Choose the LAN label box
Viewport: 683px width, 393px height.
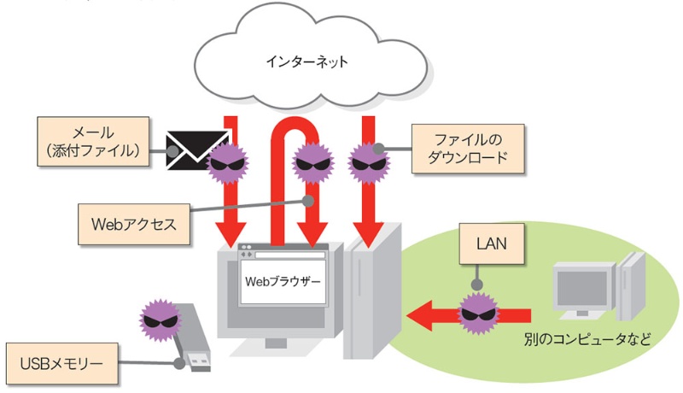point(493,244)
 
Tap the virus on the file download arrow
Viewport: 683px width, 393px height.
point(368,161)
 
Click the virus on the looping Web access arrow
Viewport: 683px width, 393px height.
point(311,161)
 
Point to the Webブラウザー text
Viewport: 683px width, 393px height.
point(285,280)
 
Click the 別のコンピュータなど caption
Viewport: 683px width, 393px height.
point(588,338)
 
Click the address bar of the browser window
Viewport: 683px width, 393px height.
point(289,255)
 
